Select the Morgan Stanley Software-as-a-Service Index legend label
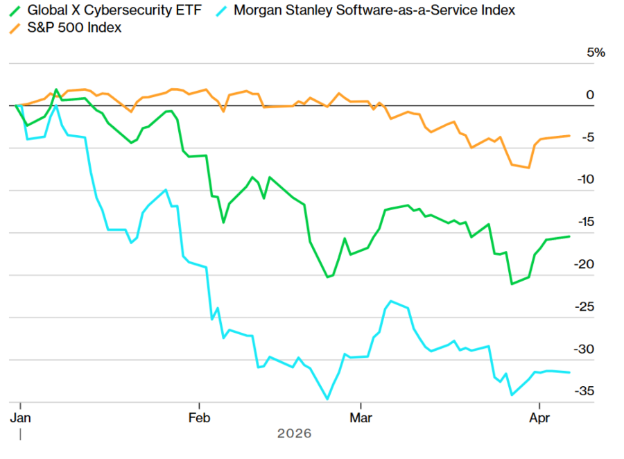click(374, 10)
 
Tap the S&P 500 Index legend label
click(74, 28)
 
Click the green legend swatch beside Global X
click(15, 10)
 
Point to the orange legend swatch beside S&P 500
click(15, 28)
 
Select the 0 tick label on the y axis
click(590, 95)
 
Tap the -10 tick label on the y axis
click(587, 180)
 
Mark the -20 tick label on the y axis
click(587, 264)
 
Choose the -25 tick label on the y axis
click(587, 306)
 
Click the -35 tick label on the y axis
click(587, 391)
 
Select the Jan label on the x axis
click(21, 418)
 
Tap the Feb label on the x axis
click(200, 418)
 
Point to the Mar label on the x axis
click(361, 418)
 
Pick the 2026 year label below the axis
click(295, 434)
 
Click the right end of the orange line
click(570, 136)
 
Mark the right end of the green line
click(570, 236)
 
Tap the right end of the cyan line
click(570, 372)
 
